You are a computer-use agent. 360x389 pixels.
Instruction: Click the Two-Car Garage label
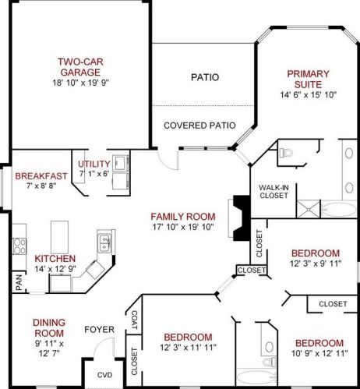tap(80, 67)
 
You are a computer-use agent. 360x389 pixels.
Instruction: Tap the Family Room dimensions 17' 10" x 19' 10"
tap(183, 227)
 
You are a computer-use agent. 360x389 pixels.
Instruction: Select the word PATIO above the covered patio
tap(205, 77)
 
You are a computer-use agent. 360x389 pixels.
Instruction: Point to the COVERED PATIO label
tap(199, 126)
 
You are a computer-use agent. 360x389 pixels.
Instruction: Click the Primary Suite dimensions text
tap(309, 95)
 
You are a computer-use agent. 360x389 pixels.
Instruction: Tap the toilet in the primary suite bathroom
tap(286, 153)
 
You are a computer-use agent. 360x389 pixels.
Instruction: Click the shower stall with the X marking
tap(309, 209)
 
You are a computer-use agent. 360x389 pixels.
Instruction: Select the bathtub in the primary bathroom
tap(339, 209)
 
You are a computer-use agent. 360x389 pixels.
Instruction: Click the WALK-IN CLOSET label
tap(274, 191)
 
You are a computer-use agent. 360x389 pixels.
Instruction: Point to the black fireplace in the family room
tap(242, 218)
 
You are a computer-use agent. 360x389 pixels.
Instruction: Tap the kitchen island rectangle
tap(59, 237)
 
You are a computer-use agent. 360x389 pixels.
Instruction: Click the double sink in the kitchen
tap(104, 243)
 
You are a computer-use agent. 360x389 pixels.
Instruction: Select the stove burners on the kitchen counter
tap(19, 246)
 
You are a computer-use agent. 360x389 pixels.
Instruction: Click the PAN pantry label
tap(19, 282)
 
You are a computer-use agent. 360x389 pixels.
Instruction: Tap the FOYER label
tap(99, 330)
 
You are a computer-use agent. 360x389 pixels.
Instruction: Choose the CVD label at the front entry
tap(104, 375)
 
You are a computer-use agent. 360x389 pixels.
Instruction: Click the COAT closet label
tap(135, 320)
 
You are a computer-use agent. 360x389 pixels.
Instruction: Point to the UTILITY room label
tap(94, 164)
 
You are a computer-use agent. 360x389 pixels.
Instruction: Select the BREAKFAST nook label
tap(41, 176)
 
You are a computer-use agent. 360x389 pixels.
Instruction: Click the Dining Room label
tap(49, 327)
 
